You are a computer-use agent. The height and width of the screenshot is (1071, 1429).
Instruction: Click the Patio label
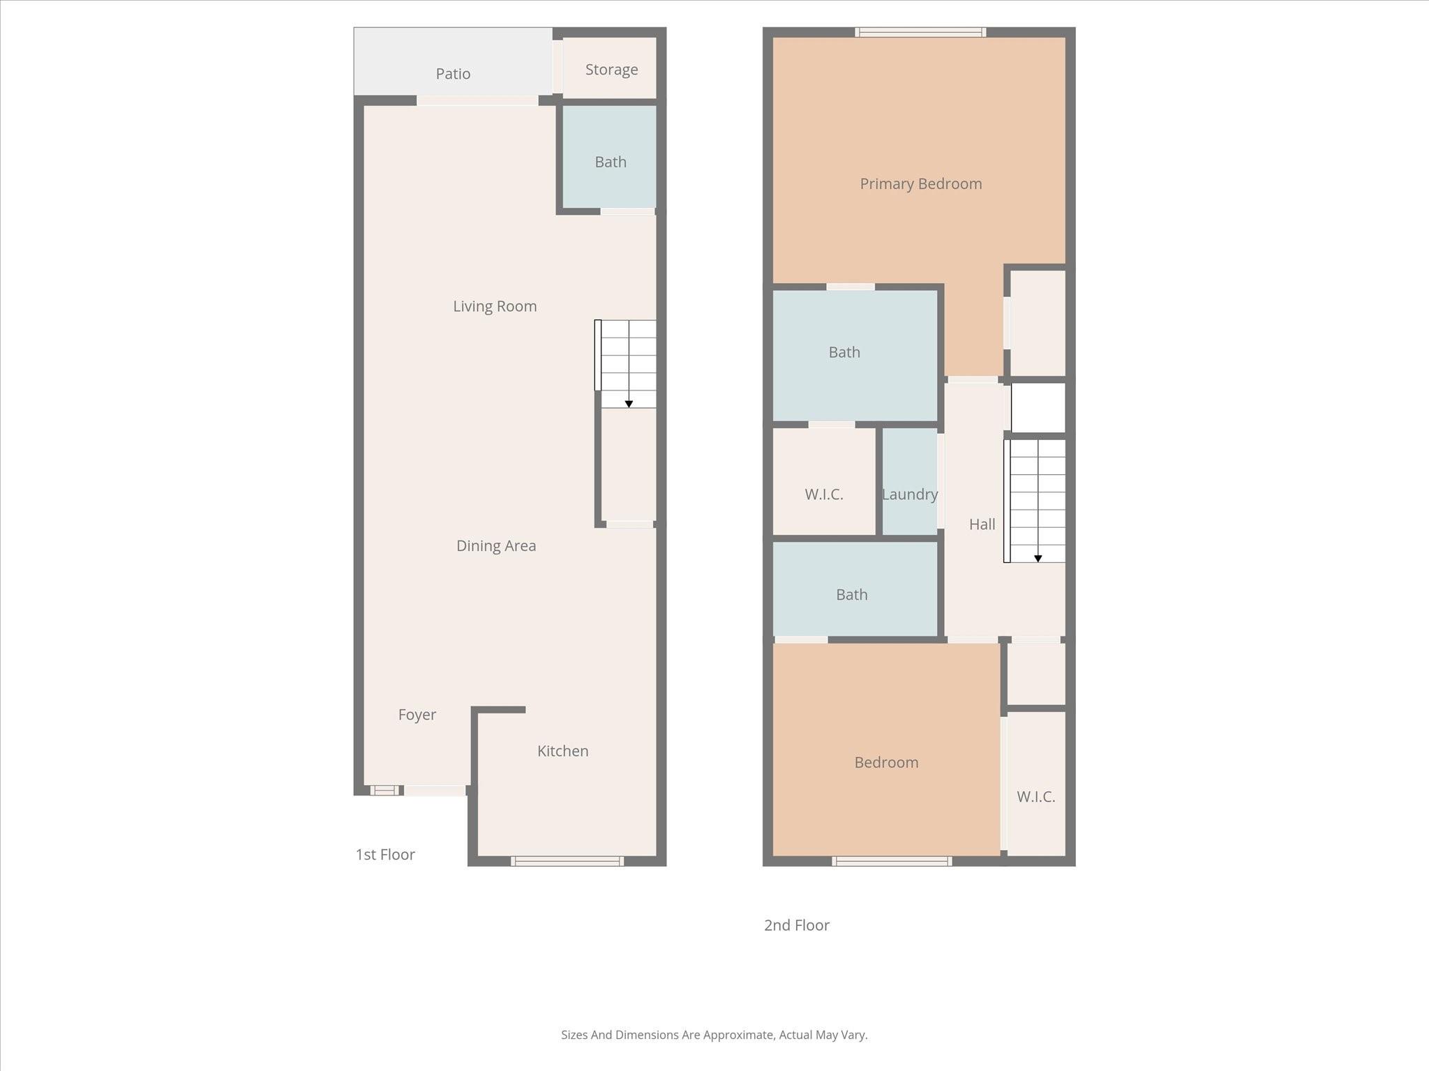(453, 74)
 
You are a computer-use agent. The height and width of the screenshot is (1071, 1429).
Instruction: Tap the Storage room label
(611, 70)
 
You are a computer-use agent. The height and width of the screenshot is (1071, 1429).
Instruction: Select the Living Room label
(495, 306)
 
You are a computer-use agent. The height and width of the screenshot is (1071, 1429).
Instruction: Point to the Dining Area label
(496, 546)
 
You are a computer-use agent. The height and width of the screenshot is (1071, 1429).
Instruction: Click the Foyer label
(417, 715)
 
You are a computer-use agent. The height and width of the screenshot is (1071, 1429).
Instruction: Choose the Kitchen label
(562, 751)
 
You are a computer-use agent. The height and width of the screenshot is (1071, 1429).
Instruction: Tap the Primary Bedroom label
(920, 184)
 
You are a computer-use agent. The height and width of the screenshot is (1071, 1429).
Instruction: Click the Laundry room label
(909, 494)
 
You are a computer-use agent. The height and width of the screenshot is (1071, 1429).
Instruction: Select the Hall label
(982, 524)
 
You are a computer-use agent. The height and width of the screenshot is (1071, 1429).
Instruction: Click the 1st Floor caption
(385, 855)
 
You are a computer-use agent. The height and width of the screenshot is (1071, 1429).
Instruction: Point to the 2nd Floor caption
(796, 925)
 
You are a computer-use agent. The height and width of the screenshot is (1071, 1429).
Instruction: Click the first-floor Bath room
(610, 162)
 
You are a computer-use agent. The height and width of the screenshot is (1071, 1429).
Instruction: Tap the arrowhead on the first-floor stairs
(629, 404)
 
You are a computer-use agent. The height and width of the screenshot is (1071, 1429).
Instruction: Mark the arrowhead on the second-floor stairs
(1038, 559)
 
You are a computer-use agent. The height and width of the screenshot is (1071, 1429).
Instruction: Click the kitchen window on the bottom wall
(567, 861)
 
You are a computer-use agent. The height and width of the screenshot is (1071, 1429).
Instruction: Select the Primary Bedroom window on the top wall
(920, 32)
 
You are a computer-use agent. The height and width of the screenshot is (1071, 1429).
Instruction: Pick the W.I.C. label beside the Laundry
(823, 494)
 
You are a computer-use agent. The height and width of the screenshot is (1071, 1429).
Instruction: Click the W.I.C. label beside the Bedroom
(1035, 797)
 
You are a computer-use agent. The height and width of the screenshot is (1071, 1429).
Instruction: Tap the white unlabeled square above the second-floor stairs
(1038, 408)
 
